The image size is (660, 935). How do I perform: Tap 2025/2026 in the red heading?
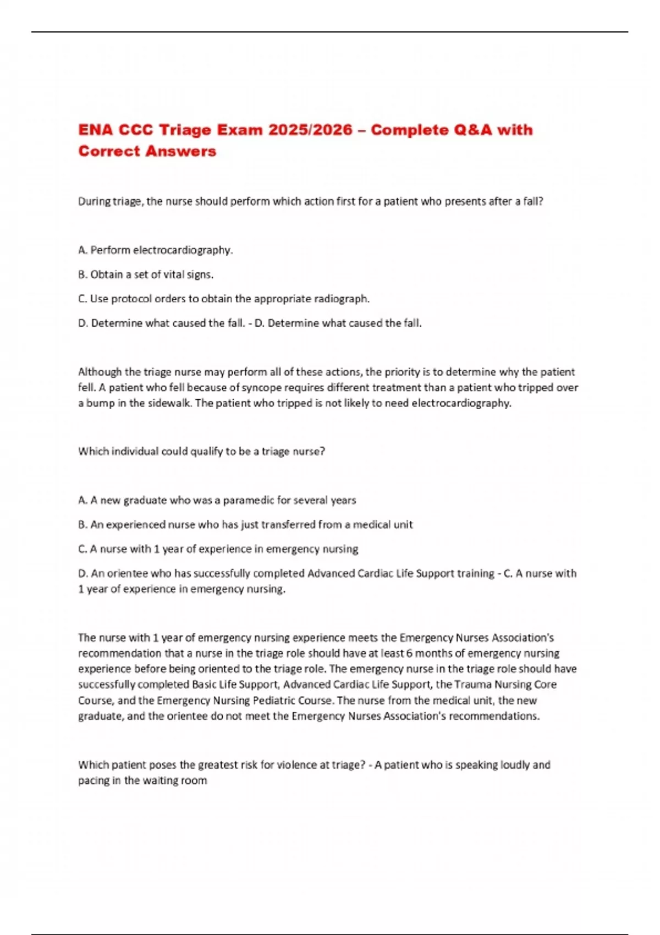[x=310, y=130]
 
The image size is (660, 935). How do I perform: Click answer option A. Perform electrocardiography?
[x=156, y=250]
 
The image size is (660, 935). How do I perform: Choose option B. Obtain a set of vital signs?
[x=146, y=274]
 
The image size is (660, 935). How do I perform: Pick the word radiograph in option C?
[x=340, y=299]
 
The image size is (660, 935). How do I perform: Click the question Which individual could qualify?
[x=201, y=452]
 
